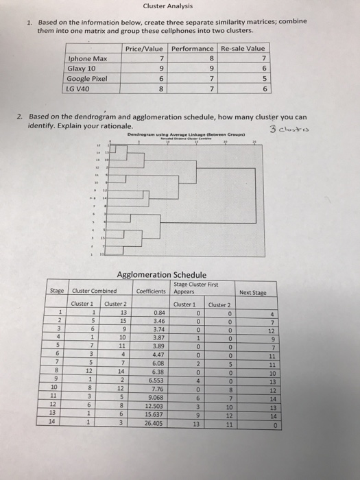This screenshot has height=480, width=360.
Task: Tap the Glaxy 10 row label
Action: point(82,69)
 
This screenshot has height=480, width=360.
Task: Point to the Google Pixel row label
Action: point(88,78)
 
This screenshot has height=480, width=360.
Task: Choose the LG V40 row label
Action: point(80,88)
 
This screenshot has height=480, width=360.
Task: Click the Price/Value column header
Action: point(144,49)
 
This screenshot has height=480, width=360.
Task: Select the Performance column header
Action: point(192,49)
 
